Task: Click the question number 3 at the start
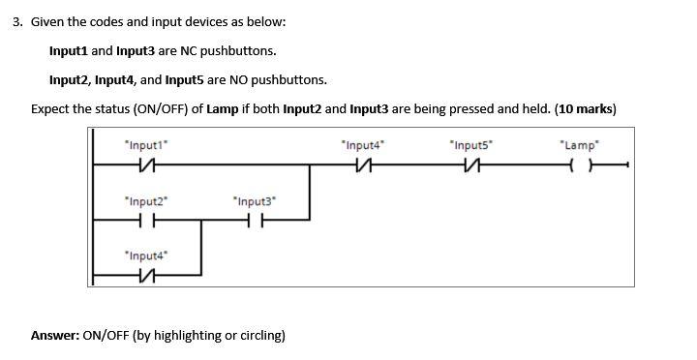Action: point(16,20)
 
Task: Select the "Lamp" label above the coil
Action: point(580,145)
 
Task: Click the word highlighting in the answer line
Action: point(188,336)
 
